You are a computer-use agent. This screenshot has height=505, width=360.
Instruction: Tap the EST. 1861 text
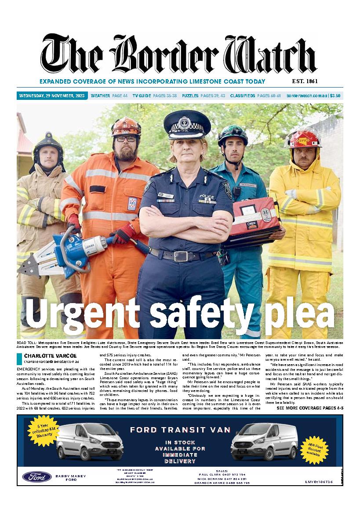(305, 81)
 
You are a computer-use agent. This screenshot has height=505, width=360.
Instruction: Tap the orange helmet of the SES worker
(126, 126)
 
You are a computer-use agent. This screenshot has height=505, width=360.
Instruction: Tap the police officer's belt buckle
(181, 256)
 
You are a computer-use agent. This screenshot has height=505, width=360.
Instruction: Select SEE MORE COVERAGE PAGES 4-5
(310, 408)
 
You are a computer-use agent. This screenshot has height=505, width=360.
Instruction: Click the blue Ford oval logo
(37, 476)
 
